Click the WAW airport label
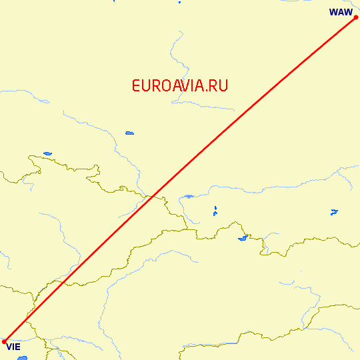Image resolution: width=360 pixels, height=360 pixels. click(x=341, y=12)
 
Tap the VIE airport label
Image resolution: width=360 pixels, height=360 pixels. click(x=13, y=347)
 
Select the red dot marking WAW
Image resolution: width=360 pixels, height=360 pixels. click(x=356, y=17)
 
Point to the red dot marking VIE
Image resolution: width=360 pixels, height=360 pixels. click(x=5, y=341)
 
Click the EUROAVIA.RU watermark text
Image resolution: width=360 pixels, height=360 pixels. click(x=180, y=85)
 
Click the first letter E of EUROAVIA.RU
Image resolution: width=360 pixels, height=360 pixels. click(x=136, y=85)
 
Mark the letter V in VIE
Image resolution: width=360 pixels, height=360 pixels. click(x=9, y=347)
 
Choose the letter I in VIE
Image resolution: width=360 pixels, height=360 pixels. click(x=13, y=347)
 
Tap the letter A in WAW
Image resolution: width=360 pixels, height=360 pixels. click(x=341, y=12)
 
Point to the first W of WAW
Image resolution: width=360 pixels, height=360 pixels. click(x=333, y=12)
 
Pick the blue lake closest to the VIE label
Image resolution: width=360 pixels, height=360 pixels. click(x=23, y=358)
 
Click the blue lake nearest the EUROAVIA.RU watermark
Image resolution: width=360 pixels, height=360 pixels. click(x=129, y=133)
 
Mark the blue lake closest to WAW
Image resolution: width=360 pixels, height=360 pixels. click(x=334, y=213)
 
